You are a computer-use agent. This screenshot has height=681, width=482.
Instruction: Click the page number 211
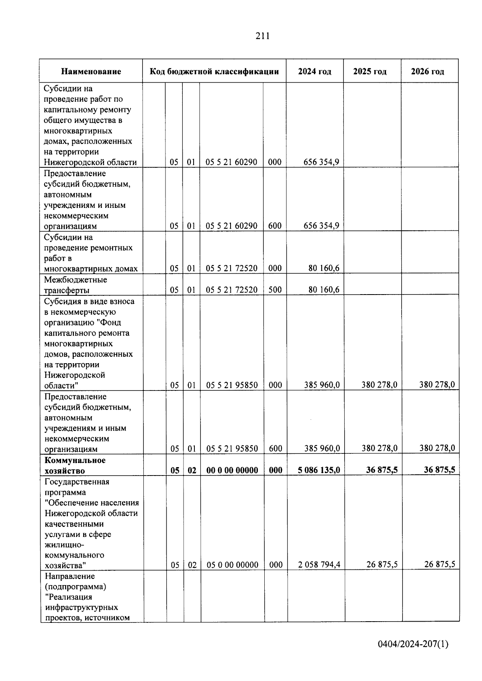pyautogui.click(x=262, y=36)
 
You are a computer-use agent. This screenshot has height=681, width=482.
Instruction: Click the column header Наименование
pyautogui.click(x=91, y=72)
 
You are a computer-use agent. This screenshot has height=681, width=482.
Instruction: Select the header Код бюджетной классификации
pyautogui.click(x=214, y=72)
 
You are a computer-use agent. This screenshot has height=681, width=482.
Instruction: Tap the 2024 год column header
pyautogui.click(x=315, y=72)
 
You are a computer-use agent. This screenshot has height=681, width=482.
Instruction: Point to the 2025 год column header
pyautogui.click(x=370, y=72)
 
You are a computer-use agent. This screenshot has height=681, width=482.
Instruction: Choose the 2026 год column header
pyautogui.click(x=427, y=72)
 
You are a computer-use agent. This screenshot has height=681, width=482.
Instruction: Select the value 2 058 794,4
pyautogui.click(x=319, y=565)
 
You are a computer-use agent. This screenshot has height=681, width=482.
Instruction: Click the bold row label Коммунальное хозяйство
pyautogui.click(x=75, y=465)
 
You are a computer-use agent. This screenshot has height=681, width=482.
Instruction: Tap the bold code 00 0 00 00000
pyautogui.click(x=232, y=470)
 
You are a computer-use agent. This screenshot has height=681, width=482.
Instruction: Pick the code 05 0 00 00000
pyautogui.click(x=232, y=565)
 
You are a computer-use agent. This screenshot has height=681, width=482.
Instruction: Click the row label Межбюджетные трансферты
pyautogui.click(x=76, y=285)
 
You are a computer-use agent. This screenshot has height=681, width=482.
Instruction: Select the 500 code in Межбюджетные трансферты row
pyautogui.click(x=275, y=290)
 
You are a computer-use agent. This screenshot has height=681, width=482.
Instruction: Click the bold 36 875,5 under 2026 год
pyautogui.click(x=439, y=470)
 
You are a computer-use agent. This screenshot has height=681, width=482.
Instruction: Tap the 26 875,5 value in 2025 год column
pyautogui.click(x=382, y=565)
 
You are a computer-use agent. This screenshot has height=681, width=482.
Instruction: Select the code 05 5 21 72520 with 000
pyautogui.click(x=232, y=268)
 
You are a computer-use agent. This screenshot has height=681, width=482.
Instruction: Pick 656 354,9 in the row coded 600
pyautogui.click(x=321, y=226)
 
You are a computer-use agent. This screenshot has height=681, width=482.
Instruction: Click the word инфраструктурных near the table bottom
pyautogui.click(x=82, y=607)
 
